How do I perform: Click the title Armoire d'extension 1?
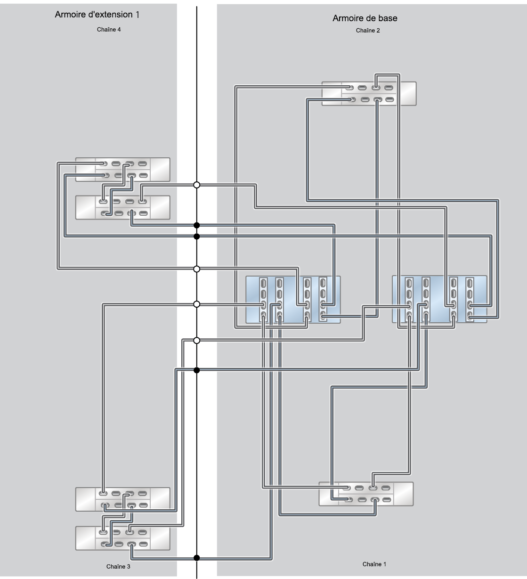click(97, 15)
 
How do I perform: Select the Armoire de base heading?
click(365, 18)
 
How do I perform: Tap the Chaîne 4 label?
click(109, 29)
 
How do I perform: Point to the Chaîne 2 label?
click(368, 30)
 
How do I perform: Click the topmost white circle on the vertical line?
click(196, 185)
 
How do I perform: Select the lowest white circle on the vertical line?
click(196, 341)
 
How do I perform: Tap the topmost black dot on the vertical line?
click(196, 225)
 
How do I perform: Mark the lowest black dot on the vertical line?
click(196, 558)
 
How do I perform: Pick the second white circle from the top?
click(196, 269)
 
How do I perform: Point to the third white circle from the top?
click(196, 304)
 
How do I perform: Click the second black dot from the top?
click(196, 236)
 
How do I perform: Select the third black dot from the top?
click(196, 370)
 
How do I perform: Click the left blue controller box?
click(293, 300)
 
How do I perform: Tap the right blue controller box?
click(439, 299)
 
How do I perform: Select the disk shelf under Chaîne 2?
click(369, 94)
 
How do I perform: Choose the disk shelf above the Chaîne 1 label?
click(366, 494)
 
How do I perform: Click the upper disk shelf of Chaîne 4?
click(122, 170)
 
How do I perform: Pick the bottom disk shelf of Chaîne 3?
click(122, 538)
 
